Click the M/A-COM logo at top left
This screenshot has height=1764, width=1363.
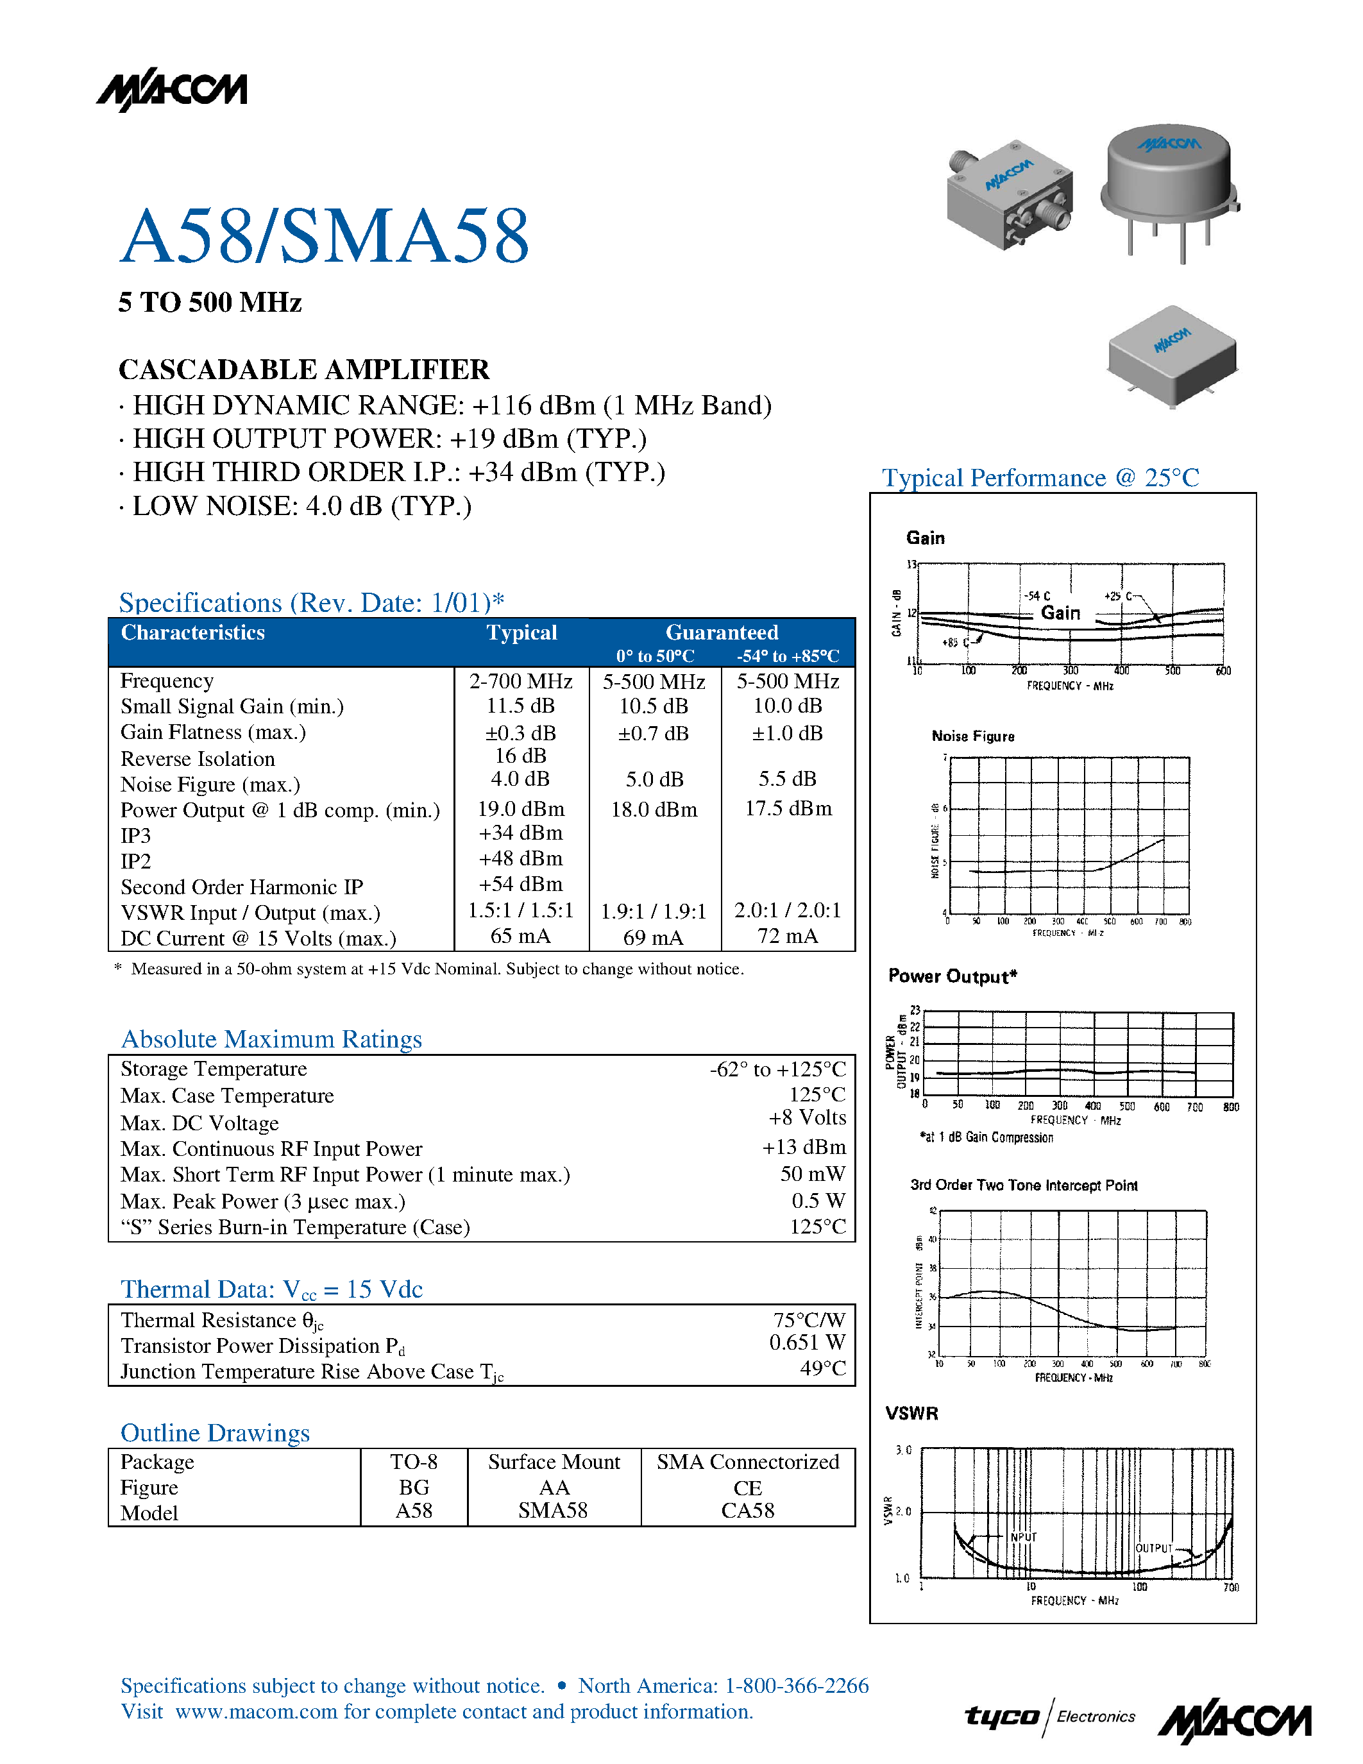click(172, 91)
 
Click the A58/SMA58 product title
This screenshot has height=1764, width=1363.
click(325, 236)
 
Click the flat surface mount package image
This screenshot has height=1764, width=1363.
click(1173, 355)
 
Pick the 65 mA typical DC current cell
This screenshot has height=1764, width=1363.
click(521, 936)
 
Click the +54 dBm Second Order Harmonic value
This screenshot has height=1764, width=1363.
click(521, 885)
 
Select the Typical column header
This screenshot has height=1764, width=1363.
click(521, 632)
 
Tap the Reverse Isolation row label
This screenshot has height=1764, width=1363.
click(198, 759)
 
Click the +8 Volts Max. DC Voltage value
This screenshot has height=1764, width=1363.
click(808, 1118)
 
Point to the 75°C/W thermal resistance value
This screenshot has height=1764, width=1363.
click(809, 1319)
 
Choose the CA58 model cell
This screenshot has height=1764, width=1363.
click(748, 1511)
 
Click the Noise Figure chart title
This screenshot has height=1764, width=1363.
click(973, 736)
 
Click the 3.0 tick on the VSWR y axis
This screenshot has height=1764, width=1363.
click(902, 1450)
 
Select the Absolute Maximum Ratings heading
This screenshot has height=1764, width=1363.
click(271, 1040)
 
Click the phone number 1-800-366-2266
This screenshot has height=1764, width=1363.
click(797, 1686)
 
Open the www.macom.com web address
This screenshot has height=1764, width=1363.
click(256, 1711)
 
